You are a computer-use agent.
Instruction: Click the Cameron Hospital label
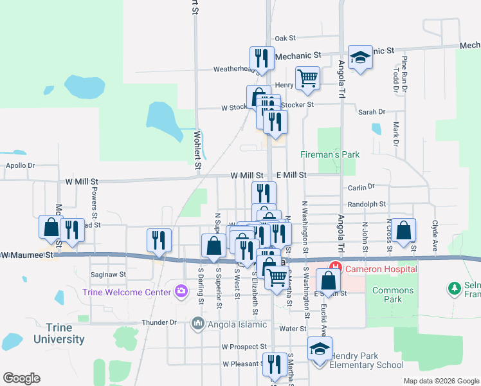(380, 268)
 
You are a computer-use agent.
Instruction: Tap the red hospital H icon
(334, 266)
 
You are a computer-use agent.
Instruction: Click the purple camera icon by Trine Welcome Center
(181, 292)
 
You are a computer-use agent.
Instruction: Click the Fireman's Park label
(330, 154)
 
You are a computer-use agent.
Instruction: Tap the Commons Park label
(394, 295)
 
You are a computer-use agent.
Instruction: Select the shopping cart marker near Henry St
(308, 78)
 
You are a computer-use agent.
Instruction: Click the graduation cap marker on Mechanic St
(361, 57)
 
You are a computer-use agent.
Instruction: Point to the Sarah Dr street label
(372, 111)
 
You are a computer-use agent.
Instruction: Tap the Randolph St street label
(367, 204)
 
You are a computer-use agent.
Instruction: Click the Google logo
(21, 378)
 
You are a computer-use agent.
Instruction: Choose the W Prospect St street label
(244, 347)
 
